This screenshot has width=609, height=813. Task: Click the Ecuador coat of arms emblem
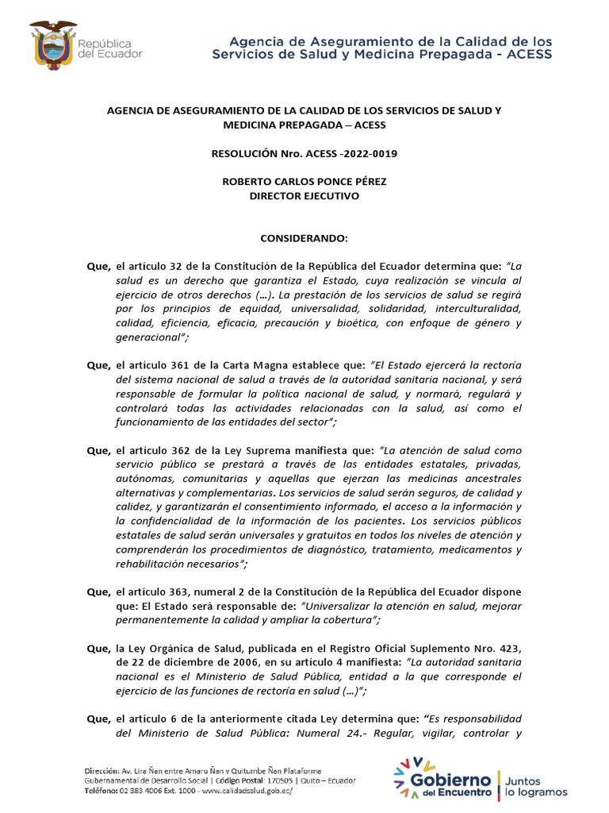point(53,44)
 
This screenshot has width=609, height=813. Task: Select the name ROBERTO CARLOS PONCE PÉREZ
point(305,181)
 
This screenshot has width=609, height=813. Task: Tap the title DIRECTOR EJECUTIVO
point(305,195)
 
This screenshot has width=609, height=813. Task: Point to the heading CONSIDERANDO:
point(305,237)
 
